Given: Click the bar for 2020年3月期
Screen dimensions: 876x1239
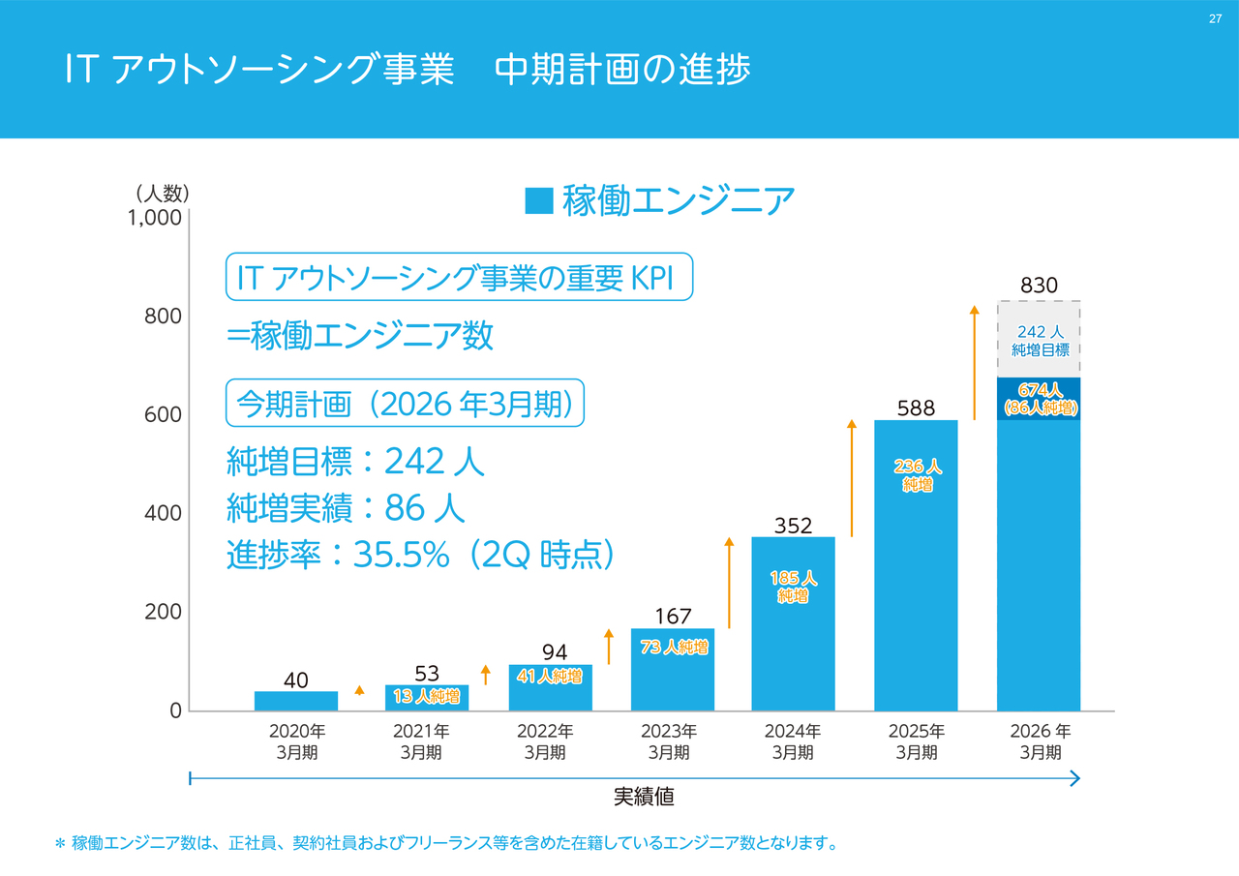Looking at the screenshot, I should [296, 701].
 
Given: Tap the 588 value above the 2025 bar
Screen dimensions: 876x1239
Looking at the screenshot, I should [916, 408].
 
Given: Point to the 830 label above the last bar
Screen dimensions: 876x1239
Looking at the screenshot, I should [1039, 287].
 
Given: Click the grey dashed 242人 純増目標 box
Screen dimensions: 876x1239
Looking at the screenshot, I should [1039, 340].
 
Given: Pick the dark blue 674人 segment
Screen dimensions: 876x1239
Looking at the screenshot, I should [1039, 398].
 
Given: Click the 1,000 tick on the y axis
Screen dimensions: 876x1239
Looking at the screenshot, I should [155, 218].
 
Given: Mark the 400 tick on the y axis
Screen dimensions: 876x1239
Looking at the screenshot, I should [163, 513].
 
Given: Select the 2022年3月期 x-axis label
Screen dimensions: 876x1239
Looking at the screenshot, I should [545, 741].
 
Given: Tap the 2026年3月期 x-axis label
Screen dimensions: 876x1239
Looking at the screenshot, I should [1040, 741].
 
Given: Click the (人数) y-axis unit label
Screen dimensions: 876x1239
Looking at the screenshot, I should [162, 193].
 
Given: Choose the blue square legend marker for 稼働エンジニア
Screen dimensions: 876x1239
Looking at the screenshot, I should [539, 200].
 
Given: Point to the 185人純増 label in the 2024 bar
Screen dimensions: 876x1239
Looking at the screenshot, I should [794, 587].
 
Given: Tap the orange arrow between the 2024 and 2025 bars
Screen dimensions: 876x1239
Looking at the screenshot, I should [852, 478].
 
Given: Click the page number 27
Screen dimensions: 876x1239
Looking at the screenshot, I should [1215, 19].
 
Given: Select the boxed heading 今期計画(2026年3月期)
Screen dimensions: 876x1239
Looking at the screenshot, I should [406, 404].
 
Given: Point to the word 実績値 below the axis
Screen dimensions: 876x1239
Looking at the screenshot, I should [644, 798].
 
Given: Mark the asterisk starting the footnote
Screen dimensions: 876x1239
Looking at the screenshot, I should [59, 844].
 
